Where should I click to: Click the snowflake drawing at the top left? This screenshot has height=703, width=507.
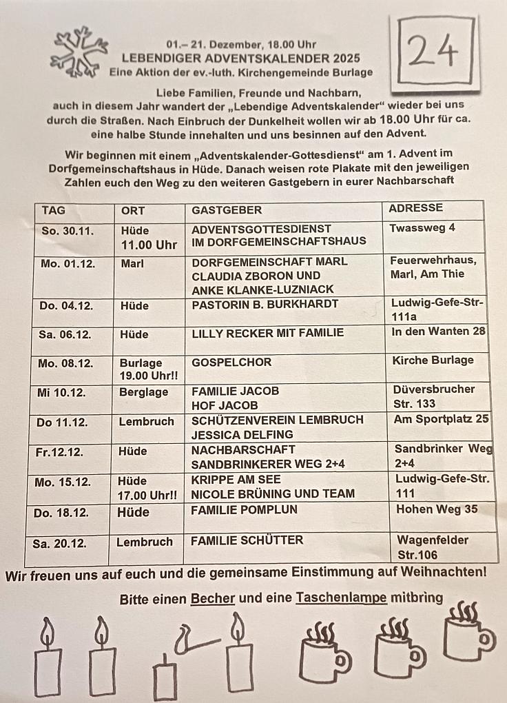(x=79, y=52)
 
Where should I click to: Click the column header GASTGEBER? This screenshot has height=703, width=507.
(x=227, y=210)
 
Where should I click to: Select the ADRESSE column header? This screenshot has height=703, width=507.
(x=415, y=207)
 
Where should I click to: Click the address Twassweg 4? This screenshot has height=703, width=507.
(x=422, y=227)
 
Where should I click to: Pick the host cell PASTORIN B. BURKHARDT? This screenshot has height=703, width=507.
(x=265, y=304)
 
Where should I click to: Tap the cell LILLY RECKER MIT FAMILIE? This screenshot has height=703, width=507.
(x=267, y=333)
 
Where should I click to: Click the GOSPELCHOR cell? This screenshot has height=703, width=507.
(x=231, y=362)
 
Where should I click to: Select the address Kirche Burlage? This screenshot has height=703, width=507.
(x=433, y=360)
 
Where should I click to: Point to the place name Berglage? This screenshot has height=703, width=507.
(x=143, y=391)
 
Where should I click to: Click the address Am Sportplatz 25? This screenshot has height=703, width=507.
(x=441, y=418)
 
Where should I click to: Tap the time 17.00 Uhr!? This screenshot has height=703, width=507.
(x=147, y=495)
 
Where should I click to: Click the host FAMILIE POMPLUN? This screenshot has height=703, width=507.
(x=244, y=510)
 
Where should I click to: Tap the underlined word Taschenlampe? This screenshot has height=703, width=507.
(x=341, y=598)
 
